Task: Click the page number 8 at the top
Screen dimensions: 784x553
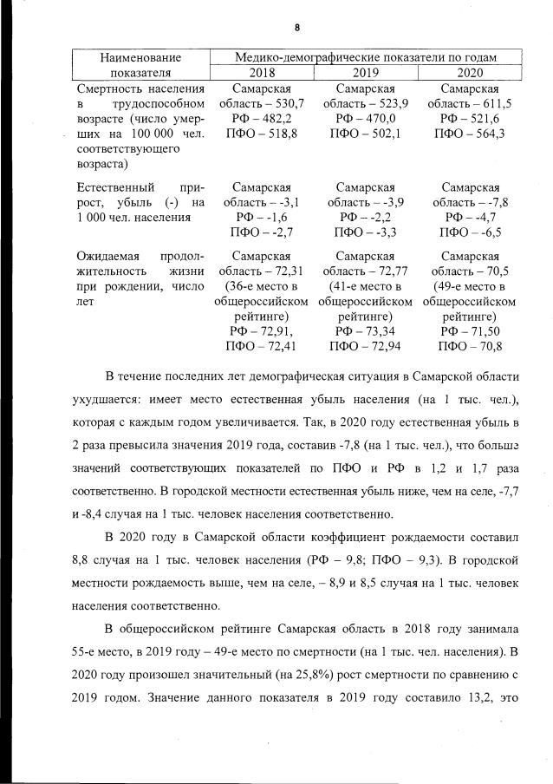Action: [296, 27]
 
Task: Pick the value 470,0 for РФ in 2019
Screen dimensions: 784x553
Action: [379, 118]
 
